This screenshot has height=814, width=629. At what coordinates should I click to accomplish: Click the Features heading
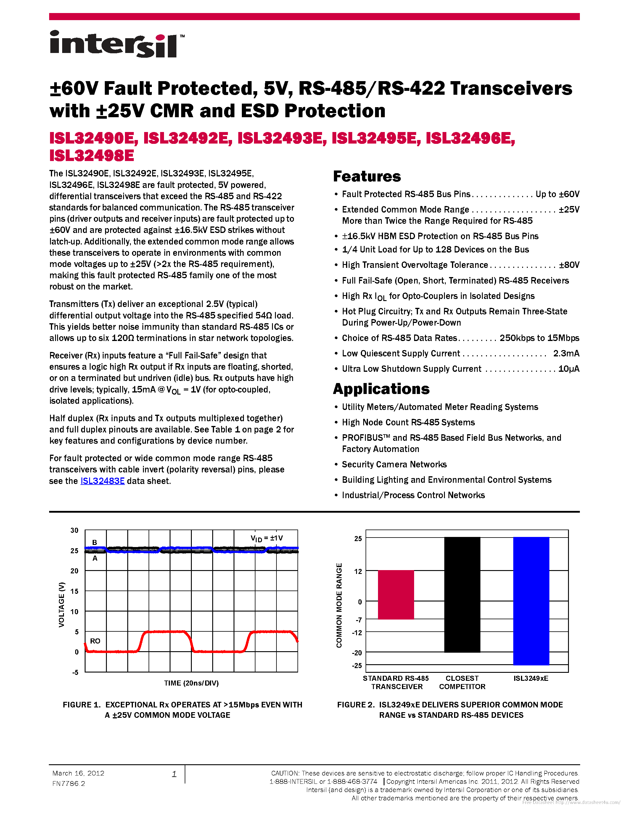(x=367, y=176)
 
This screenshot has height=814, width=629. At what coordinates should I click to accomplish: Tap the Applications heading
(x=381, y=389)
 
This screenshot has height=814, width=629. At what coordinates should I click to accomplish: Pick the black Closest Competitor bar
(x=462, y=594)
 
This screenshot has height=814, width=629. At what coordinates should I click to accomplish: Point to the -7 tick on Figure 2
(x=358, y=620)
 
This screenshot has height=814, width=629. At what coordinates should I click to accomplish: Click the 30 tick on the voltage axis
(x=75, y=530)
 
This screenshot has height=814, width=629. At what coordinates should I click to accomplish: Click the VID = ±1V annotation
(x=266, y=538)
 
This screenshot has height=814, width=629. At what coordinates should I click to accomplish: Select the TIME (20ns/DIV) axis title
(x=191, y=683)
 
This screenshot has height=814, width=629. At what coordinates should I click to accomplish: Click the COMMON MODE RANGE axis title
(x=339, y=605)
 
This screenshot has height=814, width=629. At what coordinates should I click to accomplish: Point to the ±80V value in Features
(x=569, y=265)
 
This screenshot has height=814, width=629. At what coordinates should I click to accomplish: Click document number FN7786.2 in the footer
(x=69, y=784)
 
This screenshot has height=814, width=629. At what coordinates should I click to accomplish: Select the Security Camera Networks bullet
(x=394, y=464)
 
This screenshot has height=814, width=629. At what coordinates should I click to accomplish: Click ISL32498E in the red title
(x=92, y=156)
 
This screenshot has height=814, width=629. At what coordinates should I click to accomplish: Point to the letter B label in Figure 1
(x=95, y=542)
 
